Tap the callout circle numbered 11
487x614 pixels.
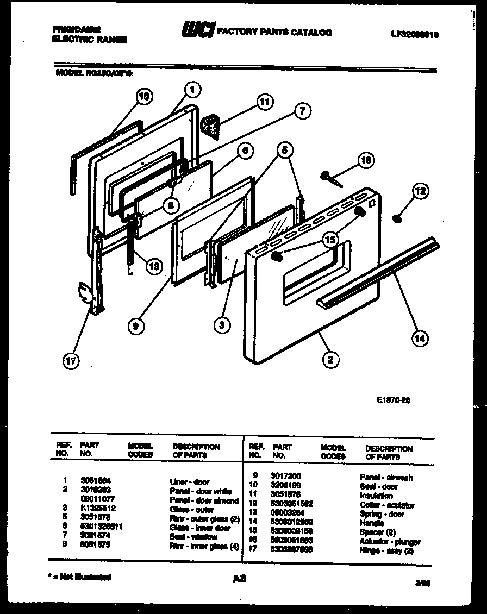coord(264,102)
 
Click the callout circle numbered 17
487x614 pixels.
coord(70,361)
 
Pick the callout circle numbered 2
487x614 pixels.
coord(330,359)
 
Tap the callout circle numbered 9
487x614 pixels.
coord(136,326)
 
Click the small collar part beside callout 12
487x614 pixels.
coord(397,218)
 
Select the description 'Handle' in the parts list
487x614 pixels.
coord(372,523)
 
